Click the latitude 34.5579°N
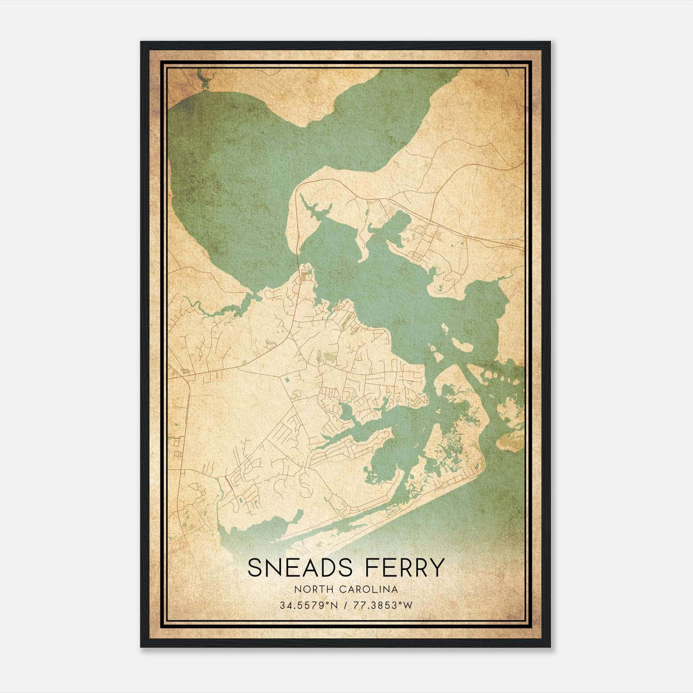coord(308,605)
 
